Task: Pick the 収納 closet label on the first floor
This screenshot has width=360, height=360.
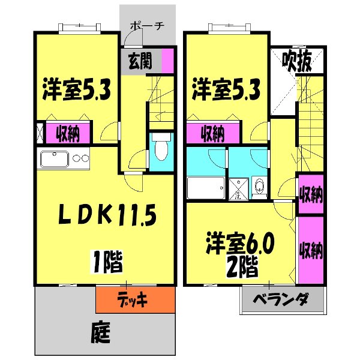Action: [70, 132]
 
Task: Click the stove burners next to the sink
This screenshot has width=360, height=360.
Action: [82, 160]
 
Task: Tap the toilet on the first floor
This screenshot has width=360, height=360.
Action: [160, 148]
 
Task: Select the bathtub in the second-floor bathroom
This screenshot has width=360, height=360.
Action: [206, 188]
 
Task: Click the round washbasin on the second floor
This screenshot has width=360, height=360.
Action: [257, 186]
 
